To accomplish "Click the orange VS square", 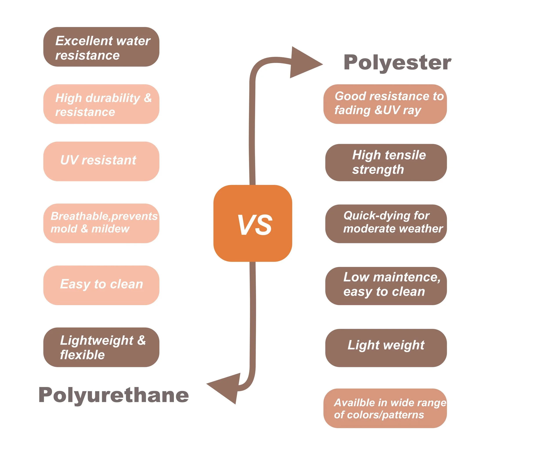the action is (x=253, y=223).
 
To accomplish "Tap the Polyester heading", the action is (x=397, y=63).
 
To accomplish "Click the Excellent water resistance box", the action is (x=101, y=47).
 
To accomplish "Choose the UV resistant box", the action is (x=101, y=161).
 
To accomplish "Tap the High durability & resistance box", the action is (x=101, y=104).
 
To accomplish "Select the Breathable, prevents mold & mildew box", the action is (x=101, y=223).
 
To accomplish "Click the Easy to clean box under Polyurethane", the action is (x=101, y=285).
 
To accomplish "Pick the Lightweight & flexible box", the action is (x=101, y=347).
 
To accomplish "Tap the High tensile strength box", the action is (x=386, y=162).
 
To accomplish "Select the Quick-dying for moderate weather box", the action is (x=386, y=224).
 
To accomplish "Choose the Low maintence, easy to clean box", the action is (x=386, y=286).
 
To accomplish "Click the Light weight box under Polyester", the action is (x=386, y=348).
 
